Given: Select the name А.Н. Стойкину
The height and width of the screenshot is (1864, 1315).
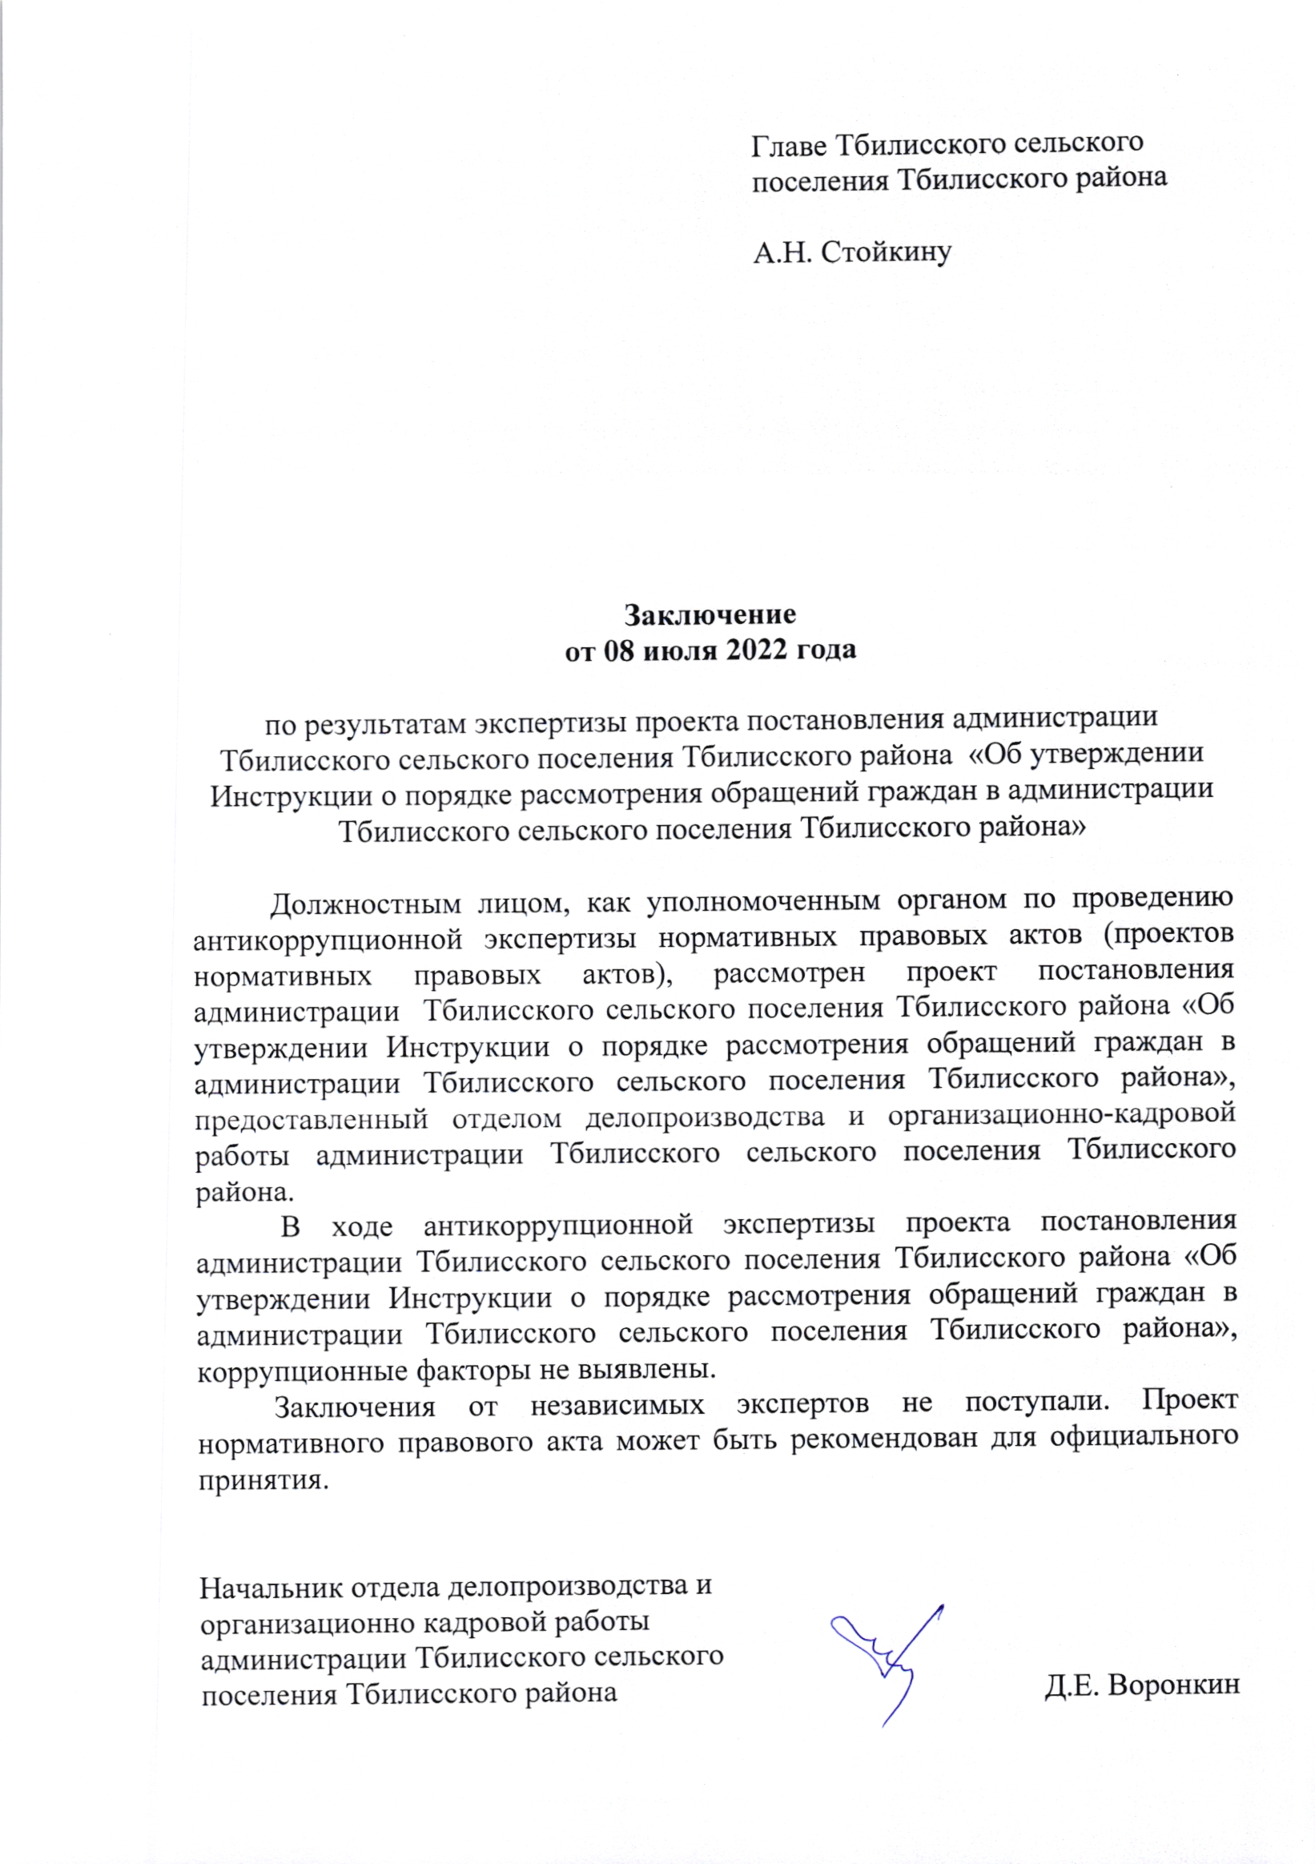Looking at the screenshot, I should tap(851, 252).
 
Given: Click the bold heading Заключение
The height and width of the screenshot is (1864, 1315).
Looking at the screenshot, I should tap(710, 614).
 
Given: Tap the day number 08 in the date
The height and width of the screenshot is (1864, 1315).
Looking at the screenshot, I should tap(619, 650).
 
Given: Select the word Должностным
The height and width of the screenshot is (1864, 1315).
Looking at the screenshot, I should tap(365, 903).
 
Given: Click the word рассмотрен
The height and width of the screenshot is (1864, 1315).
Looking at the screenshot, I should tap(789, 972).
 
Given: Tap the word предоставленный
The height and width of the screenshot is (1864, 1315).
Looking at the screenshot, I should tap(311, 1119).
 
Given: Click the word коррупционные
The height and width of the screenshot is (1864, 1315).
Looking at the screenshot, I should tap(303, 1371).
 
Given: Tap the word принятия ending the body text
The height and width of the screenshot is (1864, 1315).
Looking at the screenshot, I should tap(263, 1480).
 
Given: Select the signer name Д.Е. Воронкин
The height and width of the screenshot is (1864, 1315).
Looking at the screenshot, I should tap(1141, 1685).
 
